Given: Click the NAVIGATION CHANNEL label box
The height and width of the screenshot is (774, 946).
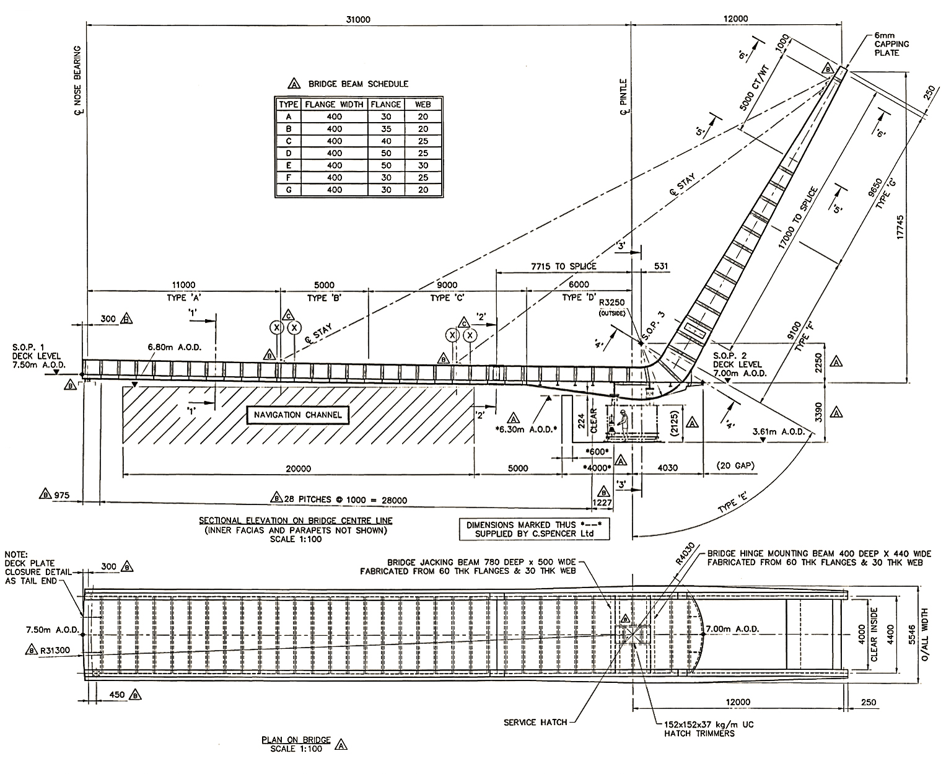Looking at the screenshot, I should [x=297, y=415].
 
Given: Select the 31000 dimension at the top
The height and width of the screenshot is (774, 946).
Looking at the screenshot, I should [x=358, y=19].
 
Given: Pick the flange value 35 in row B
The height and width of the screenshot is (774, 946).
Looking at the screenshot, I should [x=386, y=129].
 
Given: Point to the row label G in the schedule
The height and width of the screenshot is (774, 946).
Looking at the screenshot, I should [x=289, y=190].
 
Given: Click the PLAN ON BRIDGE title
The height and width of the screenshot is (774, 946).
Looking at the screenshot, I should [x=296, y=740].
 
